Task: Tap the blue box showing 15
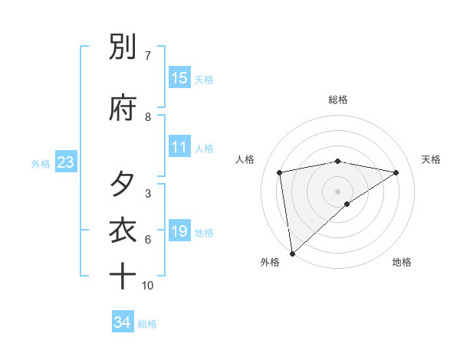179,78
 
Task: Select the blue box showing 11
179,147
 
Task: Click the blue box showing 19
179,231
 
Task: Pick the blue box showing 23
65,162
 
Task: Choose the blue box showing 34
123,322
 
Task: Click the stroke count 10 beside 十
148,286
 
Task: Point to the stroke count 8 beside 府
148,117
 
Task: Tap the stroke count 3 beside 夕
148,194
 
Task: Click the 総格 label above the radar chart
338,100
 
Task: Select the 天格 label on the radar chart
432,159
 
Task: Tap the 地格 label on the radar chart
402,262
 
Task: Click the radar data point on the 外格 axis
292,253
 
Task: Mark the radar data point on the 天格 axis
396,172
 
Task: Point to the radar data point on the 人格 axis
280,172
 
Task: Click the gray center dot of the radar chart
338,191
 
